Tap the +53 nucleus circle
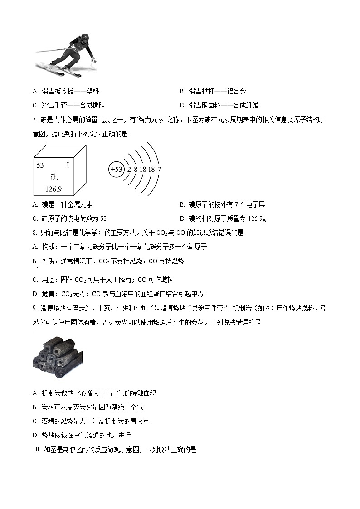[x=116, y=170]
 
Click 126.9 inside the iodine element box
[x=54, y=189]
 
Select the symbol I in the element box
[x=68, y=165]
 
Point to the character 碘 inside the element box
[x=54, y=177]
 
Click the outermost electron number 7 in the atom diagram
[x=159, y=170]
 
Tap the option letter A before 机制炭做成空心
[x=35, y=393]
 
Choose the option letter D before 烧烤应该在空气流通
[x=35, y=435]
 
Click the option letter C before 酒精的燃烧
[x=35, y=421]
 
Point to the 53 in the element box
[x=40, y=165]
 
